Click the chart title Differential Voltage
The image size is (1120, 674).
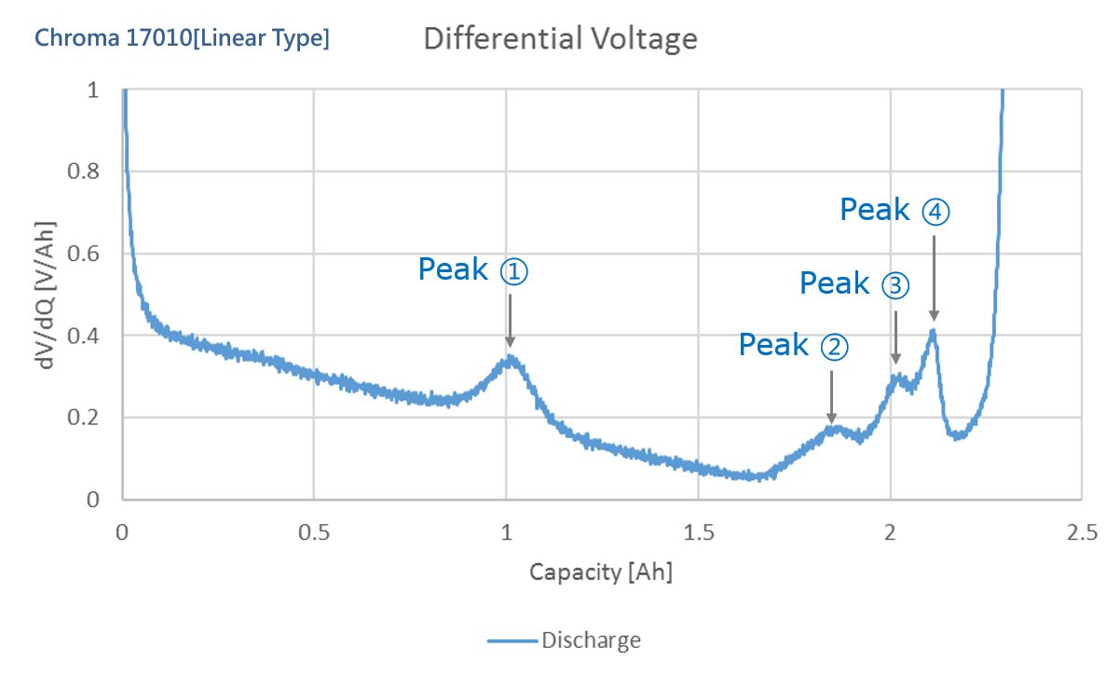point(560,39)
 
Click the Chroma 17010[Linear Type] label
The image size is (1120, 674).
point(182,38)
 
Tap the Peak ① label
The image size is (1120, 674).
point(473,269)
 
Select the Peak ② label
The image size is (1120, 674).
point(794,345)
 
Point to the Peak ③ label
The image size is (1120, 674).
point(854,283)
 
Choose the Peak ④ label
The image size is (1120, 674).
point(895,210)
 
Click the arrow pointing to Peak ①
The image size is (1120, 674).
point(510,321)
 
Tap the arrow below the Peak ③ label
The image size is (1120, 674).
point(896,337)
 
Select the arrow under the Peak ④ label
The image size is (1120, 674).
point(934,278)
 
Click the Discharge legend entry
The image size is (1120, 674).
point(564,640)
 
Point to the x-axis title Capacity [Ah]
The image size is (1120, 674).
point(601,572)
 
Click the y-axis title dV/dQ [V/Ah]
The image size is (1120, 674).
point(45,296)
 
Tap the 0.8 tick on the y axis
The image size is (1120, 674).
point(83,172)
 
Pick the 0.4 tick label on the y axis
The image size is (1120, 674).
point(83,336)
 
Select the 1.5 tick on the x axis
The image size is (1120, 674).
point(699,533)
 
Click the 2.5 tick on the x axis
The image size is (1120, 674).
point(1082,533)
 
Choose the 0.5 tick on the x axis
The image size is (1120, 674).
point(314,533)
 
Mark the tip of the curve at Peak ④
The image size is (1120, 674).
point(933,330)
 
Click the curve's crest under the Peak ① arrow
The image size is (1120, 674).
point(510,357)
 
